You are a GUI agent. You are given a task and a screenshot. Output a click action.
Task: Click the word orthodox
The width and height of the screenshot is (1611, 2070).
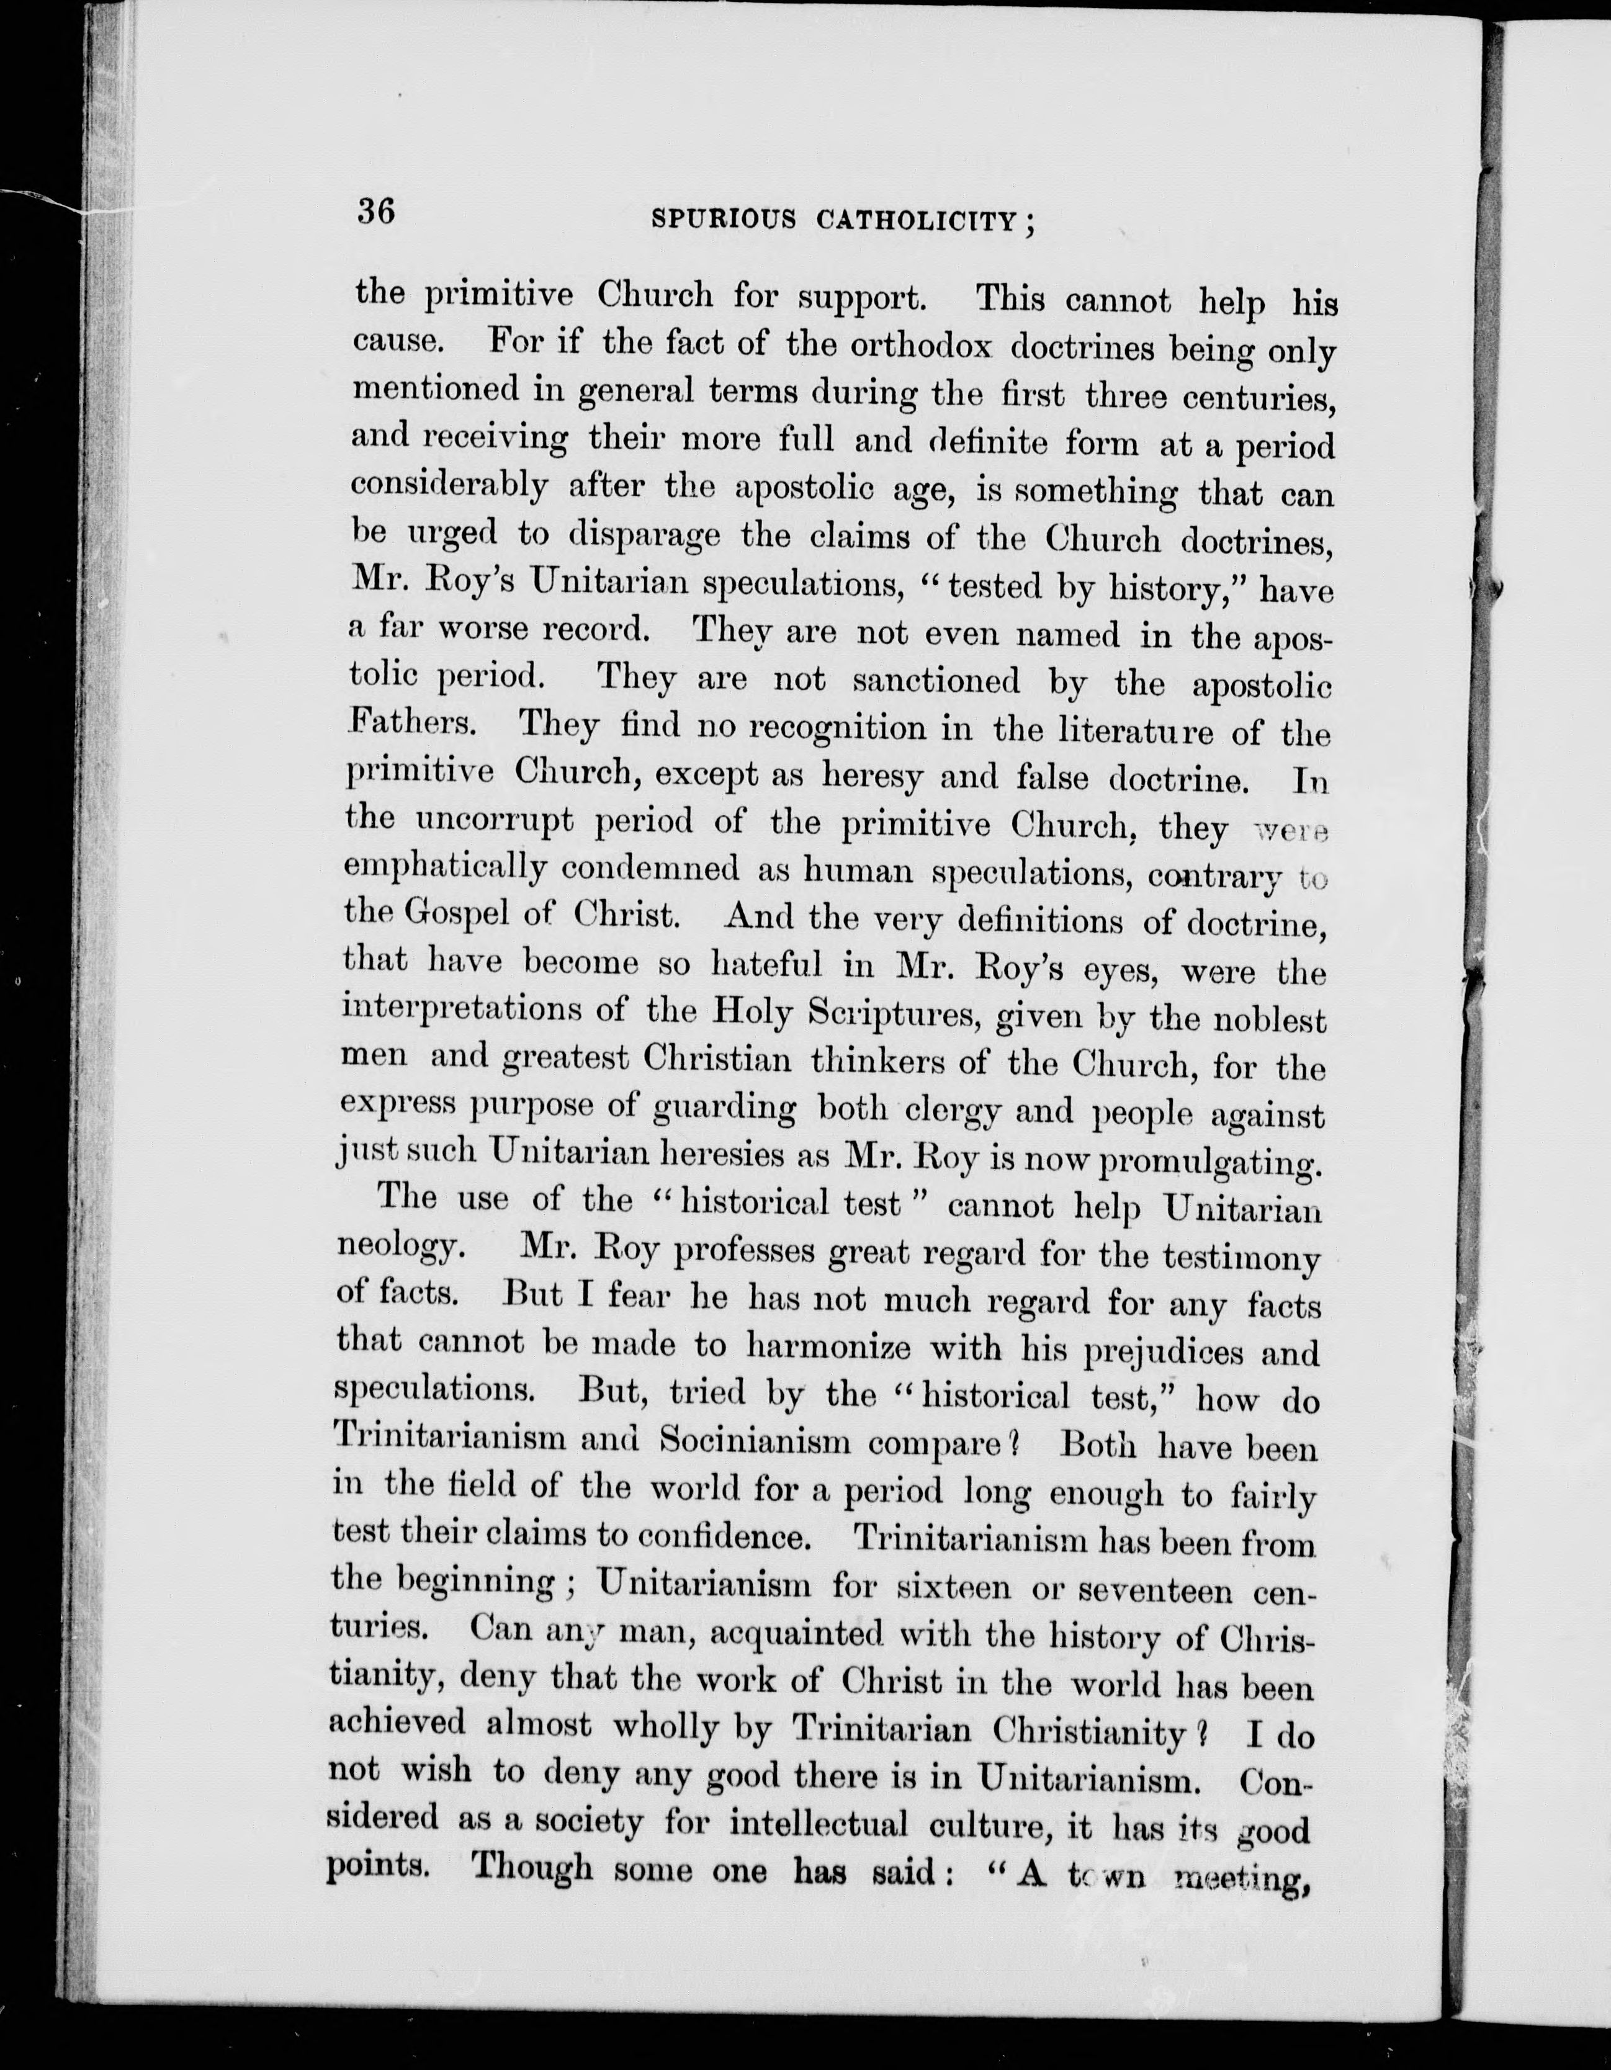tap(919, 346)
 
